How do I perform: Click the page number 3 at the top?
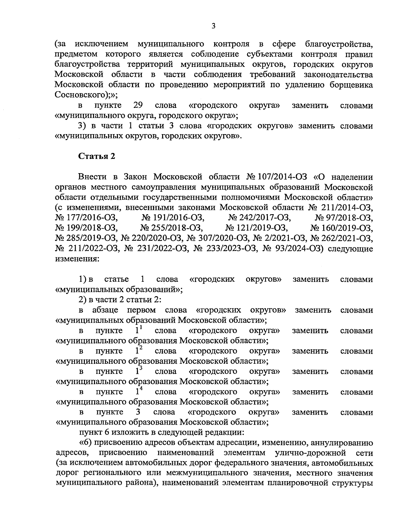pyautogui.click(x=213, y=26)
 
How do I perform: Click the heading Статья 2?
pyautogui.click(x=97, y=156)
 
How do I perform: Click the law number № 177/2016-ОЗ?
pyautogui.click(x=87, y=218)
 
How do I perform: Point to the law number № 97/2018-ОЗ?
pyautogui.click(x=344, y=218)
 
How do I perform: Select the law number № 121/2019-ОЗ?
pyautogui.click(x=256, y=228)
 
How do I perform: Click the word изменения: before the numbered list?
pyautogui.click(x=76, y=259)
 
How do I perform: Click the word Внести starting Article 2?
pyautogui.click(x=92, y=177)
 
